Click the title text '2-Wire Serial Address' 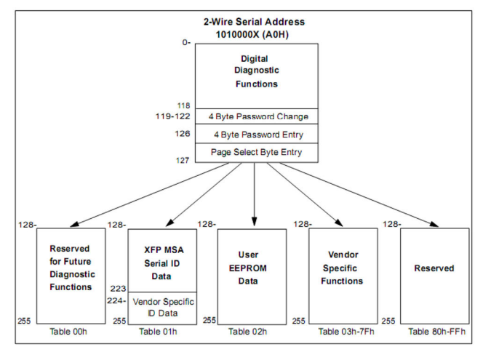[x=254, y=23]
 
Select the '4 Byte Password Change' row [x=258, y=116]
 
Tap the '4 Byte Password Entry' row [x=258, y=135]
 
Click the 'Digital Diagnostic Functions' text [x=255, y=71]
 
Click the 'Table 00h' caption [x=70, y=332]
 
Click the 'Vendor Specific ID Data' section [x=162, y=308]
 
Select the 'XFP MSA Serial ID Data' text [x=162, y=263]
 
